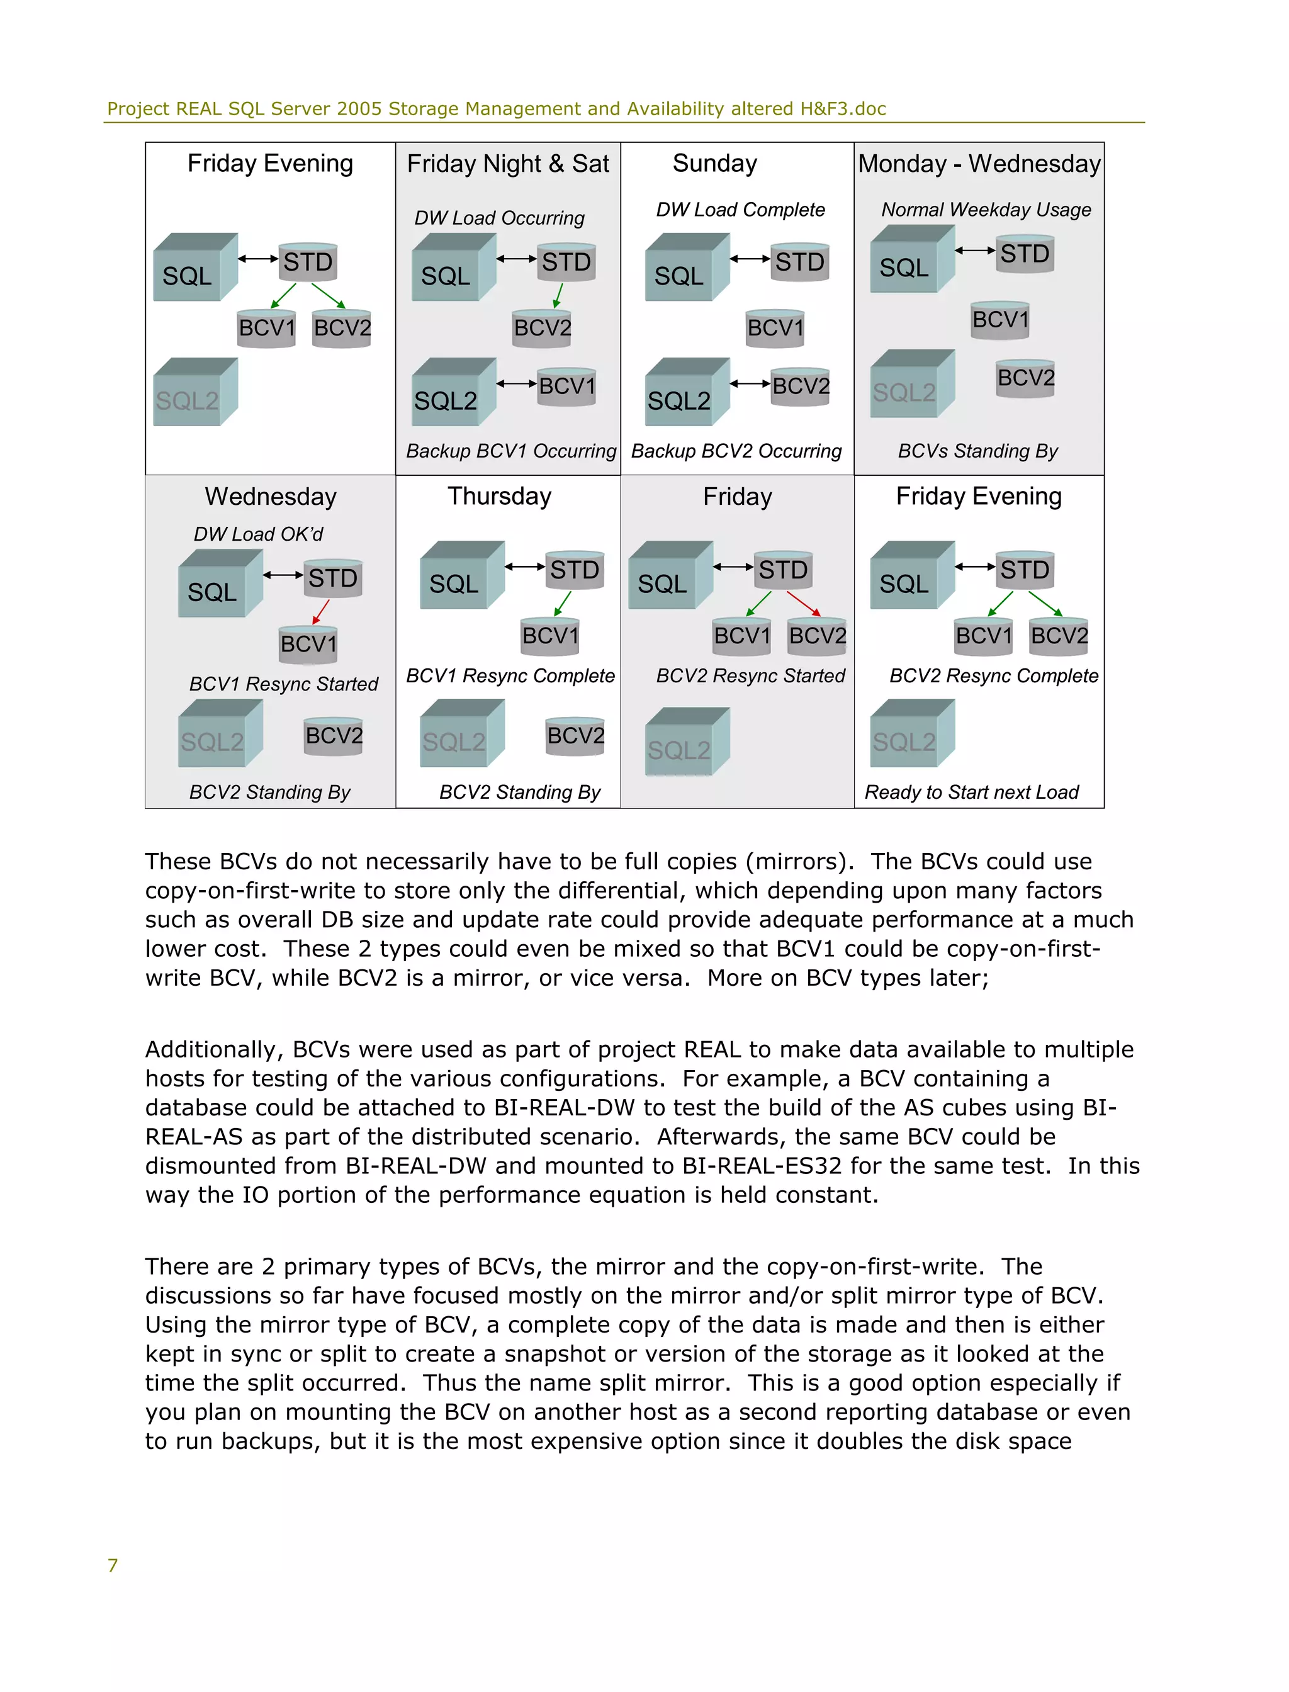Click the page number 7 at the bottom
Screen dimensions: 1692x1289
point(113,1565)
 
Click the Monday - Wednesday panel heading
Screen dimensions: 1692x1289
point(979,164)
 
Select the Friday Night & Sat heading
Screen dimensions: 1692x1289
point(508,164)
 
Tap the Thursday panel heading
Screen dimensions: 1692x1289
point(500,497)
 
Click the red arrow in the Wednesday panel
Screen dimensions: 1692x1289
point(321,612)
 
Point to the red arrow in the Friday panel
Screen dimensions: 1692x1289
point(803,603)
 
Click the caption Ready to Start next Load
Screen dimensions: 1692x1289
point(971,792)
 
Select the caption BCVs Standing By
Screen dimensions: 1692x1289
point(977,451)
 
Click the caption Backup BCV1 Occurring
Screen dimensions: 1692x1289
point(511,451)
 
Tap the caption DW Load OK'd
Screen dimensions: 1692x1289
point(259,534)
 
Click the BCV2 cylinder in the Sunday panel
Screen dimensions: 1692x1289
point(800,386)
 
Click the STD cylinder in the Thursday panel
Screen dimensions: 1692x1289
point(575,570)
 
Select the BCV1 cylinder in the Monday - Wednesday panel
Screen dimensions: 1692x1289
point(999,319)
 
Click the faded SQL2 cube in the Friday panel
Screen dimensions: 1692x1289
point(686,742)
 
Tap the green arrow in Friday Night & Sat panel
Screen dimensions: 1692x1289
point(558,295)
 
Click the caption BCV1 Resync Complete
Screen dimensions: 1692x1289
point(510,676)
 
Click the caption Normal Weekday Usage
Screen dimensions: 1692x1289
point(986,210)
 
